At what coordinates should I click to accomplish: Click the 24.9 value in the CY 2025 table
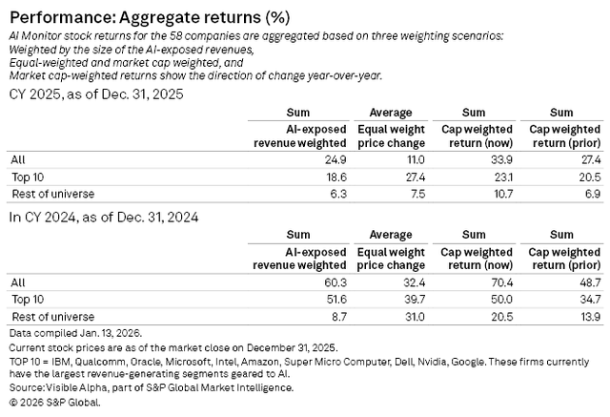click(335, 159)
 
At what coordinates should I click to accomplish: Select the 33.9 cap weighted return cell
click(501, 159)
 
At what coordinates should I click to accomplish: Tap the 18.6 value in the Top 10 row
click(336, 177)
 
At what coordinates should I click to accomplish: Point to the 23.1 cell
click(502, 177)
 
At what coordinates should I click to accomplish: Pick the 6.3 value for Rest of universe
click(338, 194)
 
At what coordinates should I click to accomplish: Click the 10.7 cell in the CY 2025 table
click(503, 194)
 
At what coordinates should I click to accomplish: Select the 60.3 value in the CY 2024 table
click(335, 282)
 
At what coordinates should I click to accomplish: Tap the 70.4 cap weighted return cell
click(501, 282)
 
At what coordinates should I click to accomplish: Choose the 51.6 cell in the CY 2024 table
click(336, 300)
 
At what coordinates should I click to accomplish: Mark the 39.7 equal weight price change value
click(415, 300)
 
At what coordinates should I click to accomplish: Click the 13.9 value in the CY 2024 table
click(591, 317)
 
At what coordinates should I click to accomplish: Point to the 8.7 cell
click(339, 317)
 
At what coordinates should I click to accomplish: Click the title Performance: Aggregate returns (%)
click(150, 17)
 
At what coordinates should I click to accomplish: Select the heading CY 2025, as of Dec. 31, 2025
click(96, 94)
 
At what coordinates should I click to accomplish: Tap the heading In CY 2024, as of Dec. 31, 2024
click(104, 217)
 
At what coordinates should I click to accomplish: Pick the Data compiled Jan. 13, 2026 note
click(76, 333)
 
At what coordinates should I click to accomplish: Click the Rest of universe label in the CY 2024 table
click(53, 317)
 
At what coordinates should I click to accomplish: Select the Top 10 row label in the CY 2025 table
click(28, 177)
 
